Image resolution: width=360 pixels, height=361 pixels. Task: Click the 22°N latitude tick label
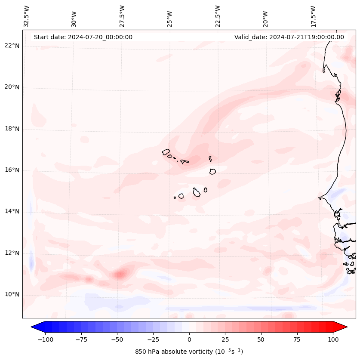(12, 46)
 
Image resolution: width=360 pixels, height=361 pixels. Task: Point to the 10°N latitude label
(12, 295)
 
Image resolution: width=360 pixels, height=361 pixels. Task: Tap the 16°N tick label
(12, 170)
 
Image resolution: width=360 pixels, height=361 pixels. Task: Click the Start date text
(83, 37)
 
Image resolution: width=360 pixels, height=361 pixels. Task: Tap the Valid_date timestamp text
(289, 37)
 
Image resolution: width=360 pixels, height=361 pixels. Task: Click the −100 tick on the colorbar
(45, 339)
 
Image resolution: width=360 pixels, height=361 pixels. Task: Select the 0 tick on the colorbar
(189, 339)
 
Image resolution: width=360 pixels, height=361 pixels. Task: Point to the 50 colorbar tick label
(261, 339)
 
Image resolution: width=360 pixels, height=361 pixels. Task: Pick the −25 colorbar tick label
(153, 339)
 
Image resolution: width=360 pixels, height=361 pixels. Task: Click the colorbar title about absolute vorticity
(189, 352)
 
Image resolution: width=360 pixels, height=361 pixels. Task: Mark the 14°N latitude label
(12, 212)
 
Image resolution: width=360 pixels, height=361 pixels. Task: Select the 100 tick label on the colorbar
(333, 339)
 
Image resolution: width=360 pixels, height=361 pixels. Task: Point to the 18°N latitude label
(12, 129)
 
